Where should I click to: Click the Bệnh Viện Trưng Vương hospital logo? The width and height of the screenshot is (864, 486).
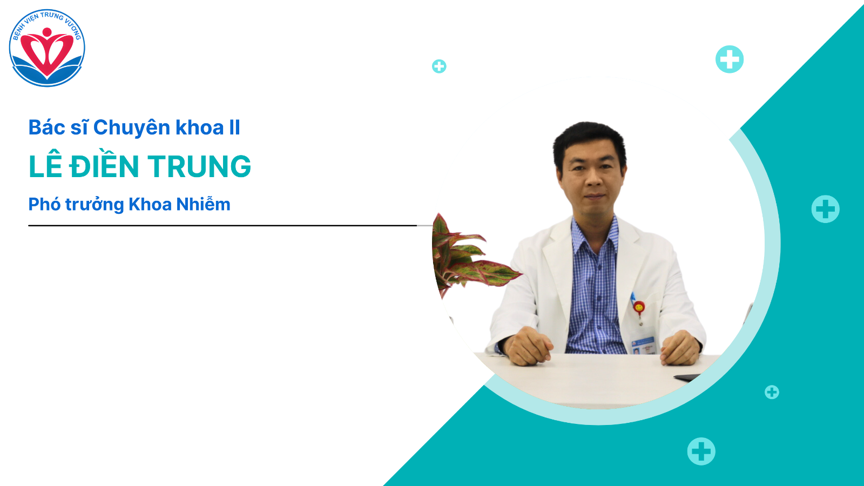click(x=47, y=48)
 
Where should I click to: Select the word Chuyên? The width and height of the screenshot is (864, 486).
click(x=132, y=127)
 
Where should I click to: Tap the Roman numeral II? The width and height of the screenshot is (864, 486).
click(x=234, y=127)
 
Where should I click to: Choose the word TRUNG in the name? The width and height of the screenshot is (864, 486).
click(x=199, y=166)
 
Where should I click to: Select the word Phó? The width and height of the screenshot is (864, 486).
click(x=44, y=204)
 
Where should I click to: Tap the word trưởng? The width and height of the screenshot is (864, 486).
click(x=94, y=205)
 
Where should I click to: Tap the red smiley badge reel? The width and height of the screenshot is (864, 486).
click(x=639, y=307)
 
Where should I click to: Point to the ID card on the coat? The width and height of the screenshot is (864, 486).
click(x=643, y=345)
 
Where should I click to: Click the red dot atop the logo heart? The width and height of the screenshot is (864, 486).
click(x=47, y=32)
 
